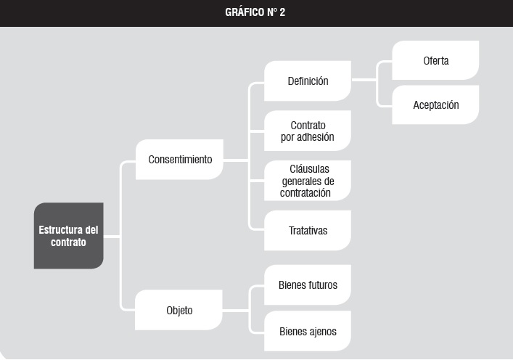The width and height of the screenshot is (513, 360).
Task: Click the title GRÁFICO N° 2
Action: [x=255, y=12]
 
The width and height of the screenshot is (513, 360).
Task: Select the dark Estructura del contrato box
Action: [x=69, y=236]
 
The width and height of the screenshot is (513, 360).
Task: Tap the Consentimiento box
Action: [x=180, y=160]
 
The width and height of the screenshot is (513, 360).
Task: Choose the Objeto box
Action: [x=178, y=310]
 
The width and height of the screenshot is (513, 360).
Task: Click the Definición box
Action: [x=308, y=81]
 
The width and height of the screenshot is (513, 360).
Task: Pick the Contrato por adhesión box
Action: [x=308, y=131]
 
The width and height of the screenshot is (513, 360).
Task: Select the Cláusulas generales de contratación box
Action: [x=308, y=181]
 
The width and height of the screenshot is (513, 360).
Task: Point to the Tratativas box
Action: [x=308, y=230]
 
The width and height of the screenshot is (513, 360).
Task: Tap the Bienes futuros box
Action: [x=308, y=285]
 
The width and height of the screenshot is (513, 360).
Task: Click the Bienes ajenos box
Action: [x=308, y=331]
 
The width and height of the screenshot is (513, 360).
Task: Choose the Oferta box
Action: [x=435, y=60]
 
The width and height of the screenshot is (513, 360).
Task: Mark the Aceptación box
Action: [x=435, y=105]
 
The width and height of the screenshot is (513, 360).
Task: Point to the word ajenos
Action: [x=322, y=332]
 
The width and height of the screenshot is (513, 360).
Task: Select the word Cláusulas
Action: [x=310, y=169]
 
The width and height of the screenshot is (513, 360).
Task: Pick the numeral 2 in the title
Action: [x=282, y=12]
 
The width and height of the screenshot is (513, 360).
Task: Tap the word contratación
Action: [x=305, y=193]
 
